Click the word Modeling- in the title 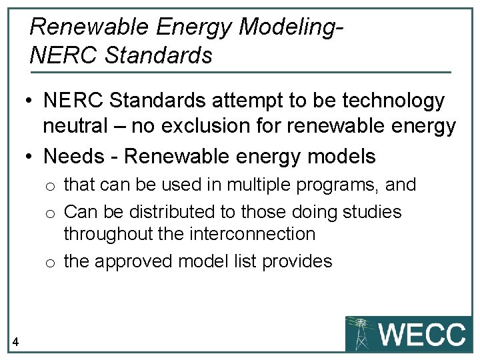[x=291, y=27]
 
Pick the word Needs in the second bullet [x=73, y=157]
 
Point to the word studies [x=373, y=212]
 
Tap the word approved [x=138, y=261]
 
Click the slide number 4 [x=15, y=343]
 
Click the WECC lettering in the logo [x=422, y=334]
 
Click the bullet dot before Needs [x=30, y=157]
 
